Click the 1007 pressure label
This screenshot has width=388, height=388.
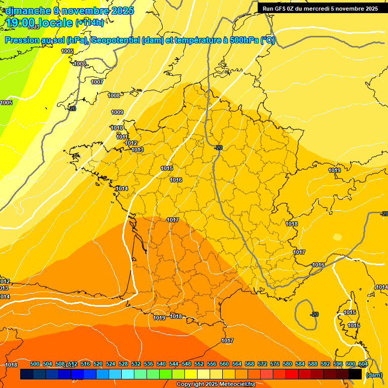coord(97,82)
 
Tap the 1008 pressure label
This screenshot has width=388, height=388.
coord(114,95)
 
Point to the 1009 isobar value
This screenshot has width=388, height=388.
coord(117,112)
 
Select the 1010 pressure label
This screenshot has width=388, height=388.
coord(117,128)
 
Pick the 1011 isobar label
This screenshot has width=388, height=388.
coord(122,137)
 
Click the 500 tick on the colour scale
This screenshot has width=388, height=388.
coord(35,364)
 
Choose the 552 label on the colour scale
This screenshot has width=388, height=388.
coord(199,364)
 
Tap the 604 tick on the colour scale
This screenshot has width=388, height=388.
coord(363,364)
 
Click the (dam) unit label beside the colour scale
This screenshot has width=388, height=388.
coord(374,375)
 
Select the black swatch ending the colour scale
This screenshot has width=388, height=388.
coord(355,374)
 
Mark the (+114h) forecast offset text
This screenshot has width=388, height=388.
coord(89,23)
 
